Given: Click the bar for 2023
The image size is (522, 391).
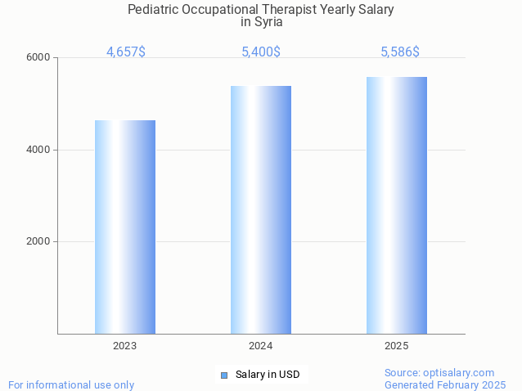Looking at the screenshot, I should (x=125, y=227).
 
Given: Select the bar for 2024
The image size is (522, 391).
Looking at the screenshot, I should (x=261, y=209).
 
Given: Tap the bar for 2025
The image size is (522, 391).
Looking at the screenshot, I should (x=397, y=205).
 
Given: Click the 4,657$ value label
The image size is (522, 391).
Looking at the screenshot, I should (x=126, y=52).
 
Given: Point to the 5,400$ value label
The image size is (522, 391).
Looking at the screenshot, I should (x=261, y=52).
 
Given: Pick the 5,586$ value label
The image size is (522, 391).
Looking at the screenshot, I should (x=400, y=52).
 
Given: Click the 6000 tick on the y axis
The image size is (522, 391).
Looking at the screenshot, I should (x=40, y=58).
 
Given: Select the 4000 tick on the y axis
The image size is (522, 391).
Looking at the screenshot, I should (x=40, y=150).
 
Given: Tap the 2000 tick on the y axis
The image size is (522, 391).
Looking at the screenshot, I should (x=40, y=242).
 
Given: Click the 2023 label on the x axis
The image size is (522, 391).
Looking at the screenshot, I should (x=125, y=346).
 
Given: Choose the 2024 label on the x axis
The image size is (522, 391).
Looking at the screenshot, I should (x=261, y=346).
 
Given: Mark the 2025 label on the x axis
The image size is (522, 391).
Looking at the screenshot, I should (x=397, y=346).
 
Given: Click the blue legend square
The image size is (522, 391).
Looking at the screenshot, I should (x=224, y=375).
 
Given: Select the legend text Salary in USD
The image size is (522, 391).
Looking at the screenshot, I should (x=268, y=375).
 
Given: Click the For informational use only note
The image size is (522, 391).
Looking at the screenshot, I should (x=71, y=384).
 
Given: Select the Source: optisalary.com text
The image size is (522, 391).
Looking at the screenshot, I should (x=439, y=372).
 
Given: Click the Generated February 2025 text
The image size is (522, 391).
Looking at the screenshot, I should (x=445, y=384).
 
